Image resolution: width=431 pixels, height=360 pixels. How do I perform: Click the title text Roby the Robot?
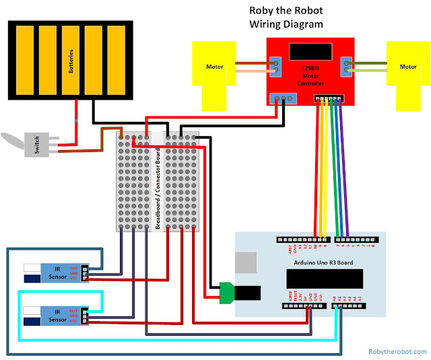(286, 11)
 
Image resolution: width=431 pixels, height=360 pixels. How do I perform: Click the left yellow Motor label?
(214, 67)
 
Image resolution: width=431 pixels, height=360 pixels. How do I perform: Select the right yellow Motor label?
(408, 67)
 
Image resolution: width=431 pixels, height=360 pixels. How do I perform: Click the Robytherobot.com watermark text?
(397, 351)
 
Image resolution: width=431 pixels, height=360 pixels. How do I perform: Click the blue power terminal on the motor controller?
(282, 98)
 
